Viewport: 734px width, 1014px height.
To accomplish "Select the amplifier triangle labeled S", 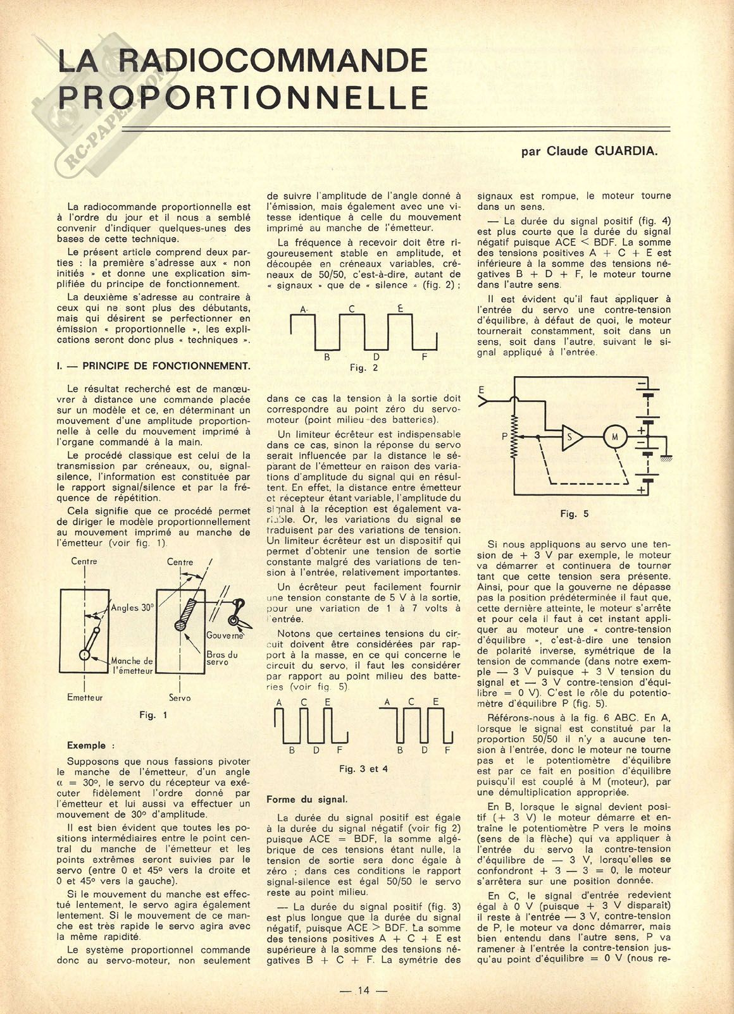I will click(x=572, y=437).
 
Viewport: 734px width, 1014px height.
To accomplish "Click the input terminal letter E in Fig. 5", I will click(x=483, y=389).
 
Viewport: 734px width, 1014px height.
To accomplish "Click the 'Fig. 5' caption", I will click(x=574, y=514).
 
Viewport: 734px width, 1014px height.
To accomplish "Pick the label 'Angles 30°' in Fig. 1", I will click(x=133, y=608).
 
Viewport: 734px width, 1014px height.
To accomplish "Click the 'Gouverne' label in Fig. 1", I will click(x=225, y=635).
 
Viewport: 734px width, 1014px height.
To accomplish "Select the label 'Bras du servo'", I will click(x=222, y=659).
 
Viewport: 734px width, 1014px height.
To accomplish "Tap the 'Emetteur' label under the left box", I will click(x=85, y=697).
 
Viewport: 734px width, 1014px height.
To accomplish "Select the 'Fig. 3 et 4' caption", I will click(x=363, y=769).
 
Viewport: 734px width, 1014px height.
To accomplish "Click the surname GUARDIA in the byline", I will click(x=625, y=152).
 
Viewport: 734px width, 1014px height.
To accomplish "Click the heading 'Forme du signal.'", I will click(x=307, y=799).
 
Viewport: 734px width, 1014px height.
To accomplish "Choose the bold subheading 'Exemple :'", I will click(x=91, y=745).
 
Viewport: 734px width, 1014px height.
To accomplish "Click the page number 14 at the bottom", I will click(x=363, y=991).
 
